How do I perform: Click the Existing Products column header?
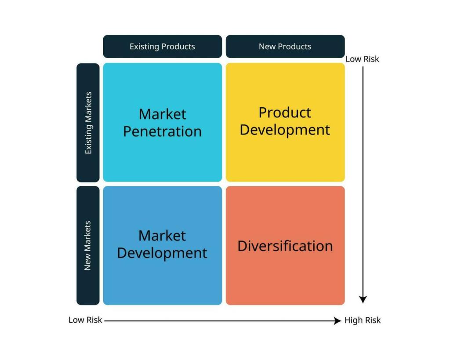click(162, 47)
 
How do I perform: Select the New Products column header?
click(285, 47)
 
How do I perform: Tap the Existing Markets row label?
click(88, 123)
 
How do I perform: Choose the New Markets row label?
click(88, 245)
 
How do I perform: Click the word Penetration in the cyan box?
click(162, 131)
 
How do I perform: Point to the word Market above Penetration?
click(162, 114)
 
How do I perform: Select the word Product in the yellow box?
click(285, 113)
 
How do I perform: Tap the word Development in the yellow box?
click(285, 130)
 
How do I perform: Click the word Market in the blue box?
click(162, 236)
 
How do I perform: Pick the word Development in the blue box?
click(162, 253)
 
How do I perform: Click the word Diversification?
click(285, 246)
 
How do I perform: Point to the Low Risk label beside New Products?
click(362, 59)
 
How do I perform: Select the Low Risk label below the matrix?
click(85, 320)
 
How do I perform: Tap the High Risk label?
click(363, 320)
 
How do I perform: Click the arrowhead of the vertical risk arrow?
click(363, 299)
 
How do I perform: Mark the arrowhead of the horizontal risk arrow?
click(337, 321)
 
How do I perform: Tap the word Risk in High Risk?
click(372, 320)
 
